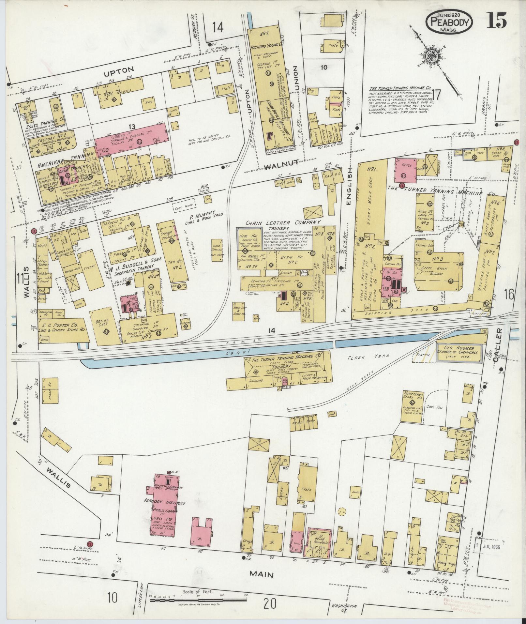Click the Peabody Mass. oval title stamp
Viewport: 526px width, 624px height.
point(449,21)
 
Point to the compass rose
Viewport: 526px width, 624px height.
point(433,57)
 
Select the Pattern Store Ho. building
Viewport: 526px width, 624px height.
point(413,402)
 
